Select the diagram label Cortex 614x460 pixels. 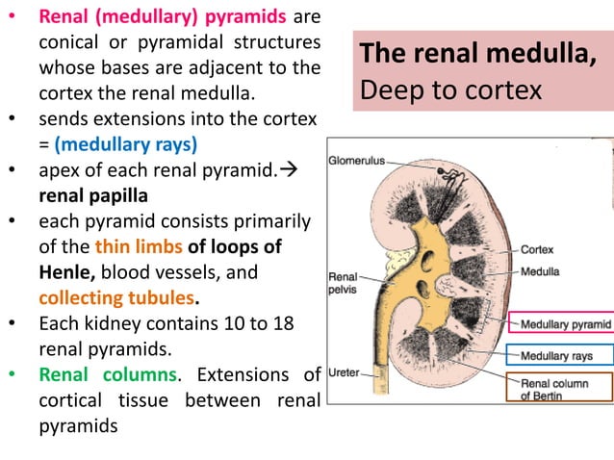[537, 248]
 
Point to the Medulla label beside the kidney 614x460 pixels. [540, 271]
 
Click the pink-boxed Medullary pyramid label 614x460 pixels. [564, 325]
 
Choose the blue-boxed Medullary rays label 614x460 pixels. [557, 356]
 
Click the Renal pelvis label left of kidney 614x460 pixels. [343, 281]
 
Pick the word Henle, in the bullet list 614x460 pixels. [67, 271]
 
